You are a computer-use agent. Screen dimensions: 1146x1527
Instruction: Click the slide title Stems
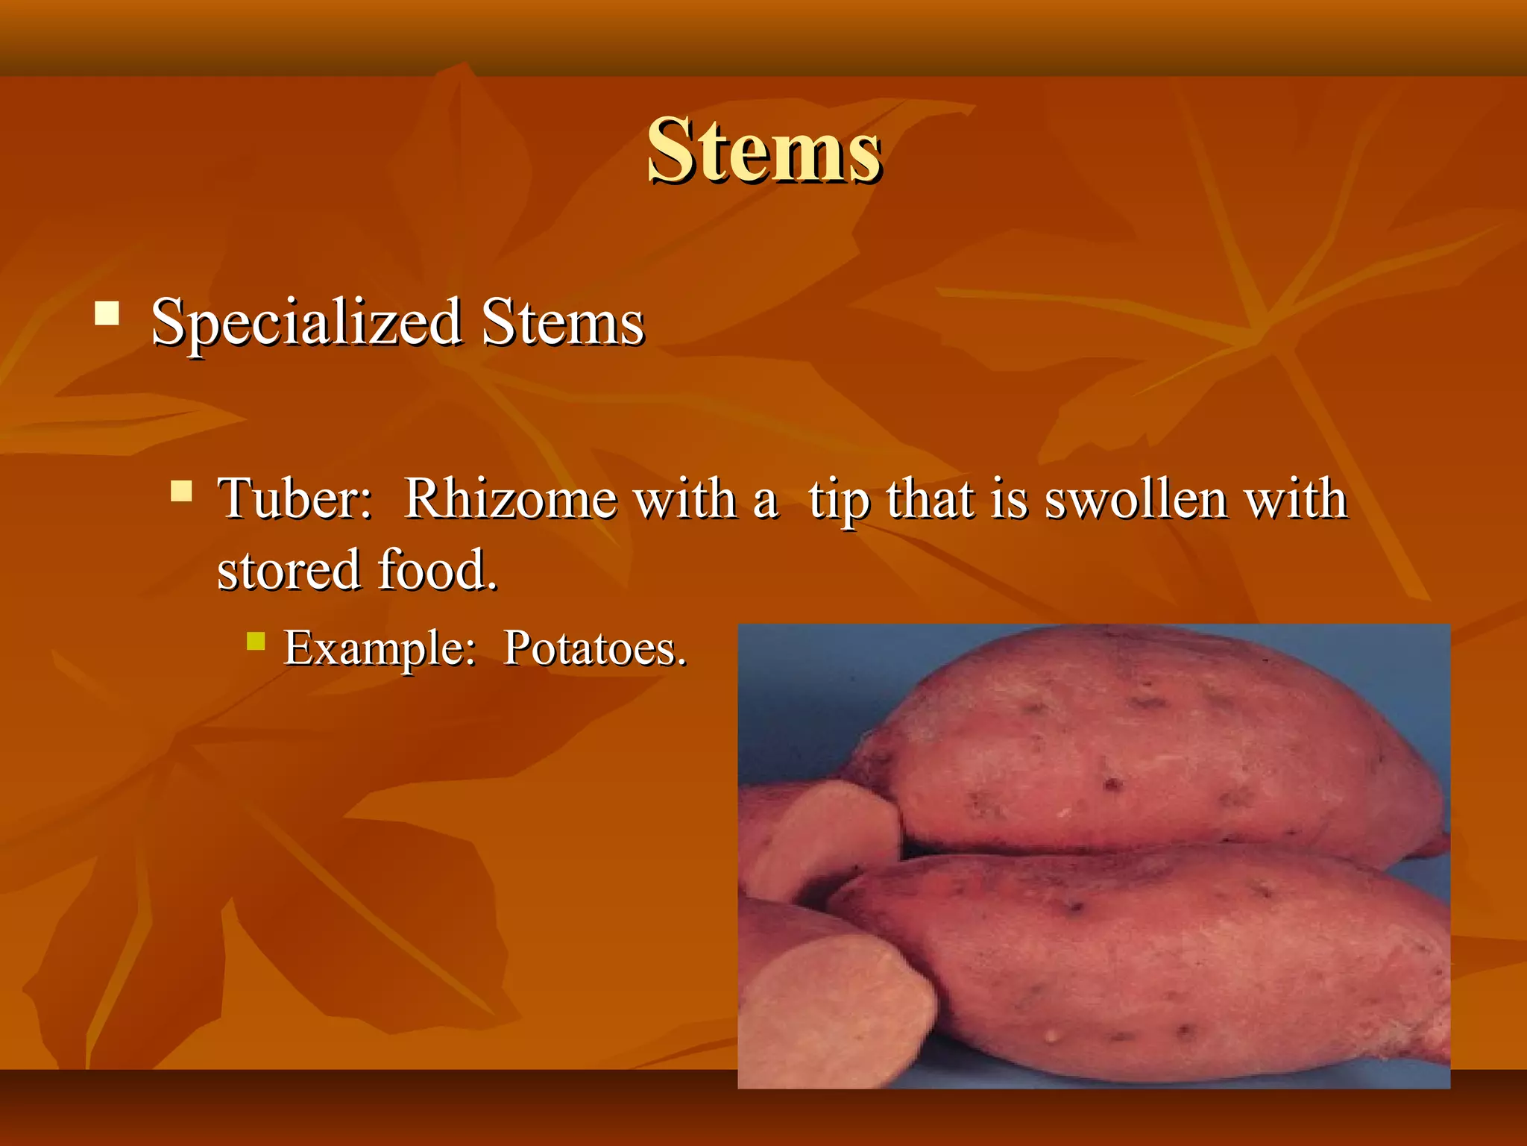click(x=764, y=151)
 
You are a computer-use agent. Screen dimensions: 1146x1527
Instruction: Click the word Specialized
click(x=306, y=323)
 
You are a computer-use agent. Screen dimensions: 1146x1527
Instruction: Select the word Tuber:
click(x=295, y=498)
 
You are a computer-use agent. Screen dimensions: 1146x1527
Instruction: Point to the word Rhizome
click(x=510, y=498)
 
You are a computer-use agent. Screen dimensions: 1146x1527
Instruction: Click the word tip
click(x=840, y=500)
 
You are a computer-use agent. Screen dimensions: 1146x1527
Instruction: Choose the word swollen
click(x=1136, y=498)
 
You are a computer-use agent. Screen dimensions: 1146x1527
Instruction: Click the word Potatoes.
click(x=595, y=648)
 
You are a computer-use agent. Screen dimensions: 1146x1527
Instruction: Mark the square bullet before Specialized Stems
click(x=107, y=313)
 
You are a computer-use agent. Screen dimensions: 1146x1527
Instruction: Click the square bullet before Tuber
click(x=181, y=490)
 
